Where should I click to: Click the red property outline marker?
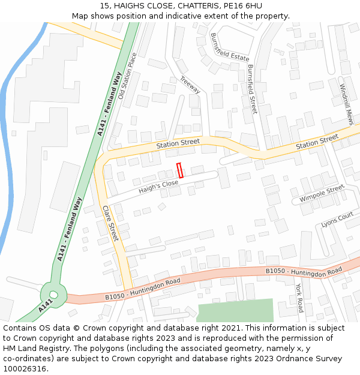tap(179, 170)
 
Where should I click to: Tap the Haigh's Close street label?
tap(159, 188)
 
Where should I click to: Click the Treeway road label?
tap(190, 85)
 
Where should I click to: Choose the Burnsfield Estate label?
tap(230, 47)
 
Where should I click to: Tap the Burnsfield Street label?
tap(252, 89)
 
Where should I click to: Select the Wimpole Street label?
tap(322, 193)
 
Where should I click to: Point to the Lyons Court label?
tap(337, 220)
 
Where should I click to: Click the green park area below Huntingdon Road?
tap(235, 310)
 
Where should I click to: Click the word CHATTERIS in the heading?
tap(199, 5)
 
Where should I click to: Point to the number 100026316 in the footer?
tap(25, 368)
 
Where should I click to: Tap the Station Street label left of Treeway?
tap(178, 143)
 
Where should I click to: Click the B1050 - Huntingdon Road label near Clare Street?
tap(143, 289)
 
